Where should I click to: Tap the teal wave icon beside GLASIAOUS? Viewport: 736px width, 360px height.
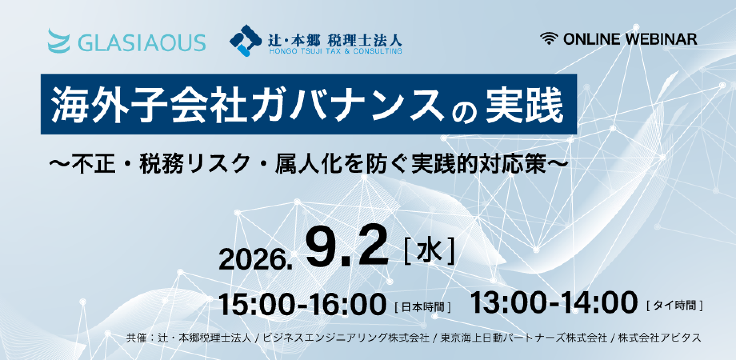58,40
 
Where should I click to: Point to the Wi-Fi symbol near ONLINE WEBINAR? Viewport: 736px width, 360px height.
549,39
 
